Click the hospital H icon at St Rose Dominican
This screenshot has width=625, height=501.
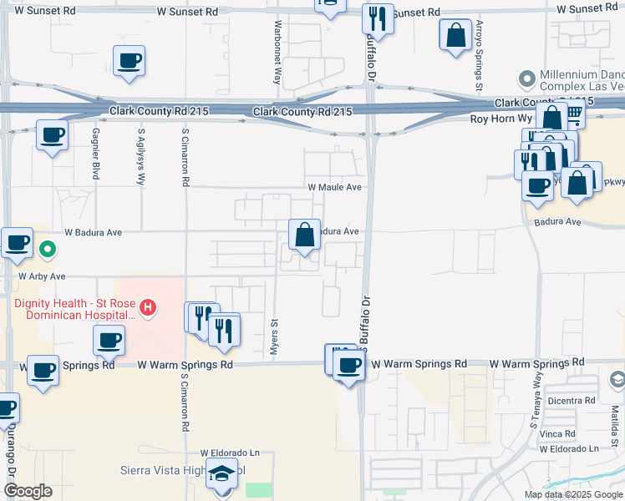148,308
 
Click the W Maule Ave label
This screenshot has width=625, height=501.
334,188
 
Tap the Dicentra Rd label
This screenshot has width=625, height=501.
572,401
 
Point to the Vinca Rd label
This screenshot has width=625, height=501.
557,434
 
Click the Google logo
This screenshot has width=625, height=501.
27,491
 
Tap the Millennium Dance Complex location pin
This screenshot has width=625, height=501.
526,79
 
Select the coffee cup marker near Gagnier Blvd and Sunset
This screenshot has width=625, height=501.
130,61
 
